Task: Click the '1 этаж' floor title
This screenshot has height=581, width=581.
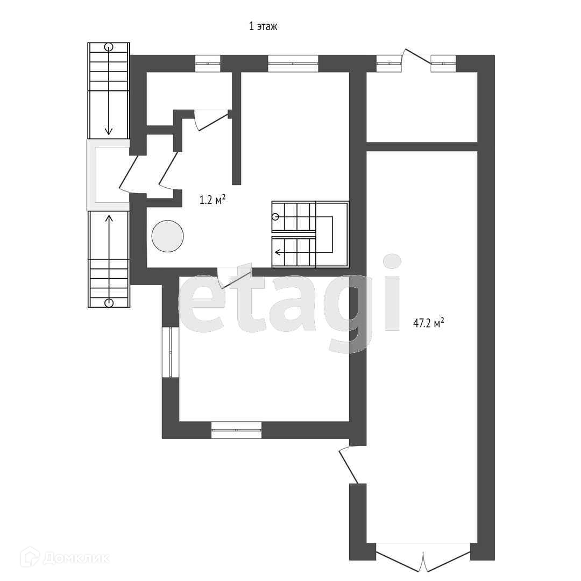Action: [263, 26]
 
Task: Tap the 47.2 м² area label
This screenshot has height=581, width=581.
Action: [428, 323]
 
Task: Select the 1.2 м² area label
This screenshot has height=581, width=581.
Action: [212, 200]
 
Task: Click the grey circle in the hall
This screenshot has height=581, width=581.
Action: [167, 236]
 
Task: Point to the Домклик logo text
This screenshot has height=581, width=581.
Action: [76, 558]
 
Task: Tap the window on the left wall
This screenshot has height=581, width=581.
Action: [171, 352]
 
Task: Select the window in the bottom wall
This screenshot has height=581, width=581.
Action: [236, 430]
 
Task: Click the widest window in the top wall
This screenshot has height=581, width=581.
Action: [293, 63]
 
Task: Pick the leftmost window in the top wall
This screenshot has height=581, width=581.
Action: [208, 63]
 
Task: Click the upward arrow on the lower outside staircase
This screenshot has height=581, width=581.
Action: [109, 257]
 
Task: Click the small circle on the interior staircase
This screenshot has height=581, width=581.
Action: [275, 217]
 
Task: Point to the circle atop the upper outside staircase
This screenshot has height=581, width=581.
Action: [109, 47]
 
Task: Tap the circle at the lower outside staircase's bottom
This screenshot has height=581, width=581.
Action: [109, 303]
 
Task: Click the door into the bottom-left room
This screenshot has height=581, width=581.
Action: [234, 278]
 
